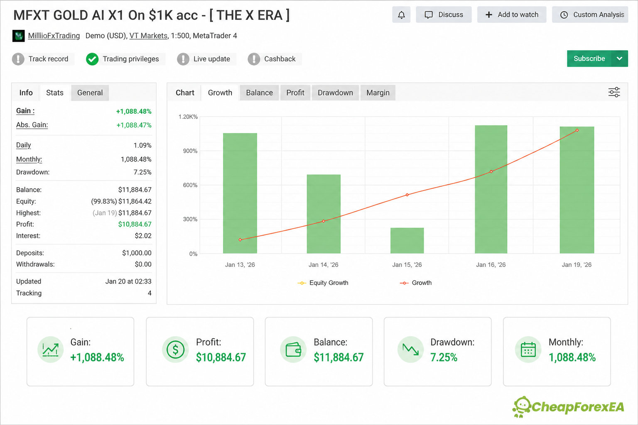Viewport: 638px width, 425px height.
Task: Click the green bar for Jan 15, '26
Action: point(407,241)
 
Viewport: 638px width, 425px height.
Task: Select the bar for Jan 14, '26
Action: point(324,214)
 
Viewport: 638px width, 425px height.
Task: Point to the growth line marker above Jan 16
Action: point(491,172)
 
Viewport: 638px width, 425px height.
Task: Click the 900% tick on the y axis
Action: point(190,151)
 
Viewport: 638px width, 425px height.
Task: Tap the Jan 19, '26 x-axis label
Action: point(577,265)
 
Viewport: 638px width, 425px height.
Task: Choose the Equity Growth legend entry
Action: point(323,283)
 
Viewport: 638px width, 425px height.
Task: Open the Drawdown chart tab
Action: point(335,93)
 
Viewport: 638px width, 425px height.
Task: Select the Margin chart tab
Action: point(378,93)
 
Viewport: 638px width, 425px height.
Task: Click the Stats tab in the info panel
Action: point(55,93)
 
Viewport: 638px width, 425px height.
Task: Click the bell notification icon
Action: point(401,15)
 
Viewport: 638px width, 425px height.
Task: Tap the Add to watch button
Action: point(512,15)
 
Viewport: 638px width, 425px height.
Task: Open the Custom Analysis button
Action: point(590,15)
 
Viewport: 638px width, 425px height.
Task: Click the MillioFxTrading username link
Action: point(54,36)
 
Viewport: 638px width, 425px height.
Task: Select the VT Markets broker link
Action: point(148,36)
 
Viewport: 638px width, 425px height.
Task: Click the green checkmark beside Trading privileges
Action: point(92,59)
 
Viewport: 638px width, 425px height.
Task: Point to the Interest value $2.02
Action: point(143,236)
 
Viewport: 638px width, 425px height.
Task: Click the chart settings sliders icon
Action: point(614,92)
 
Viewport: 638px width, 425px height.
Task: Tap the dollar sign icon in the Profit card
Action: point(175,349)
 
